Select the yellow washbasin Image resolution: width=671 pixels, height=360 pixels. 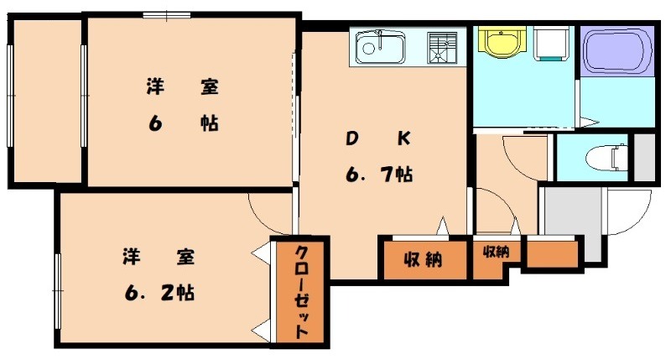coord(500,42)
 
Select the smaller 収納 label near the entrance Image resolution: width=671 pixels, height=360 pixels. coord(496,251)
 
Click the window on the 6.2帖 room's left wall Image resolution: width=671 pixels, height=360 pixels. coord(57,290)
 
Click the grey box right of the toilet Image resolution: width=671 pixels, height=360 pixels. coord(644,156)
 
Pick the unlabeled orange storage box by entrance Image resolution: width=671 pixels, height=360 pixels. coord(551,253)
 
